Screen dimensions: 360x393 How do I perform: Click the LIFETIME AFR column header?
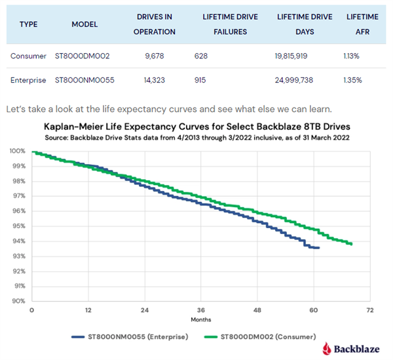pyautogui.click(x=363, y=24)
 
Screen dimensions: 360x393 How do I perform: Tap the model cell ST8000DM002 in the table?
pyautogui.click(x=82, y=56)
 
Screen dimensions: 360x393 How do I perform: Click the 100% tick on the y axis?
pyautogui.click(x=17, y=151)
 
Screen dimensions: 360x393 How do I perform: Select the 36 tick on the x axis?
pyautogui.click(x=201, y=310)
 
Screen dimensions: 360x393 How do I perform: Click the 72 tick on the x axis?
pyautogui.click(x=370, y=310)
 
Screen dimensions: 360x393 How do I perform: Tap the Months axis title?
pyautogui.click(x=201, y=320)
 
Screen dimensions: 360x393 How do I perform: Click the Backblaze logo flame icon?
pyautogui.click(x=327, y=348)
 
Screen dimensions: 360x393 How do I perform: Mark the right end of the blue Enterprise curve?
pyautogui.click(x=319, y=248)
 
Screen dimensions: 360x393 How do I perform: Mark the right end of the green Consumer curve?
pyautogui.click(x=352, y=244)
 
